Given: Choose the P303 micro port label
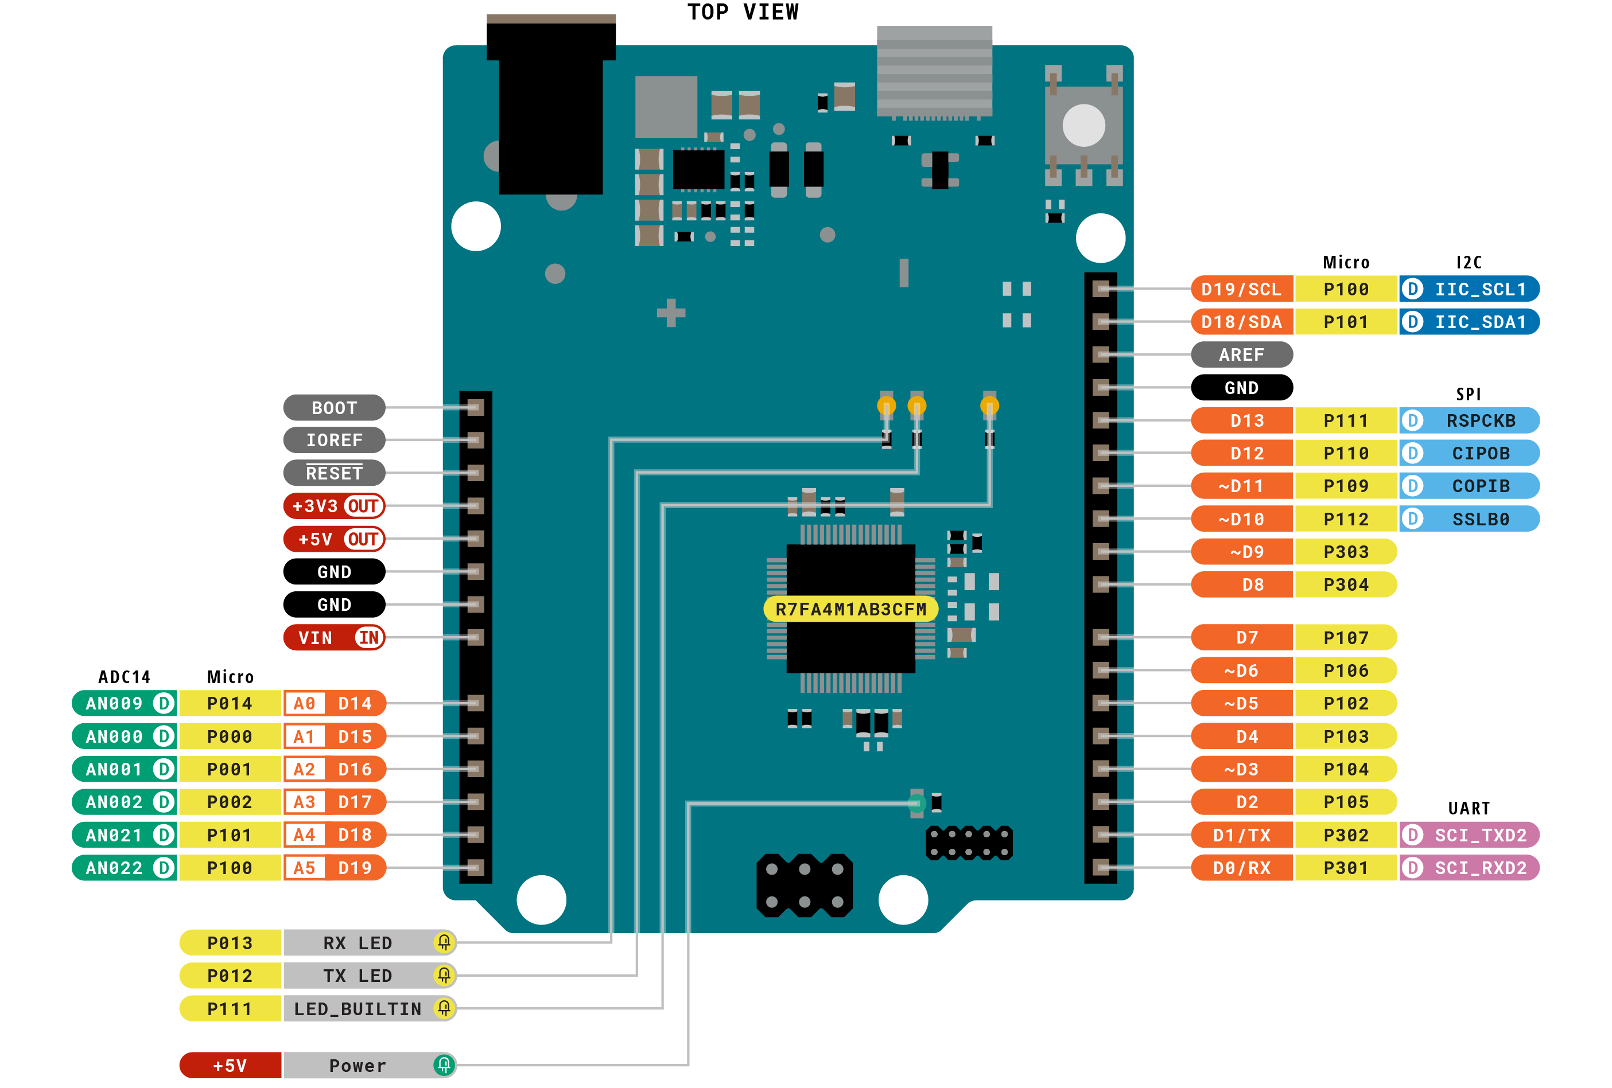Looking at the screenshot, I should point(1345,552).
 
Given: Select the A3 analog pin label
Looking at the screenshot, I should point(304,802).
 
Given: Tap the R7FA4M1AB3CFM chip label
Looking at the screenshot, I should point(850,610).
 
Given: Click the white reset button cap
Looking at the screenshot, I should point(1083,126).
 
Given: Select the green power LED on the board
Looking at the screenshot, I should point(916,804).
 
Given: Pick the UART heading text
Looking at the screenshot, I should point(1469,809).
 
